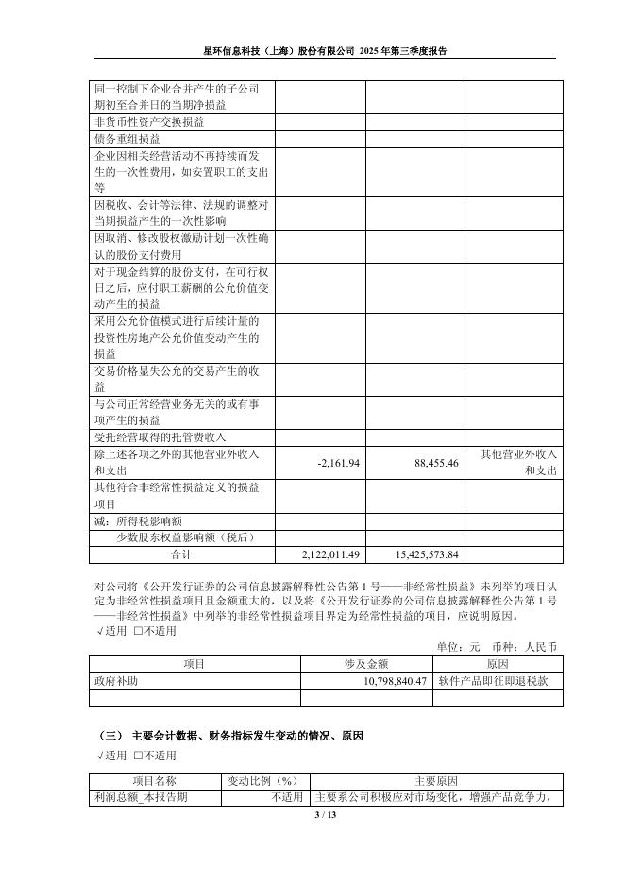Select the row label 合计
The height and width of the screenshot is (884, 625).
pyautogui.click(x=180, y=554)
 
